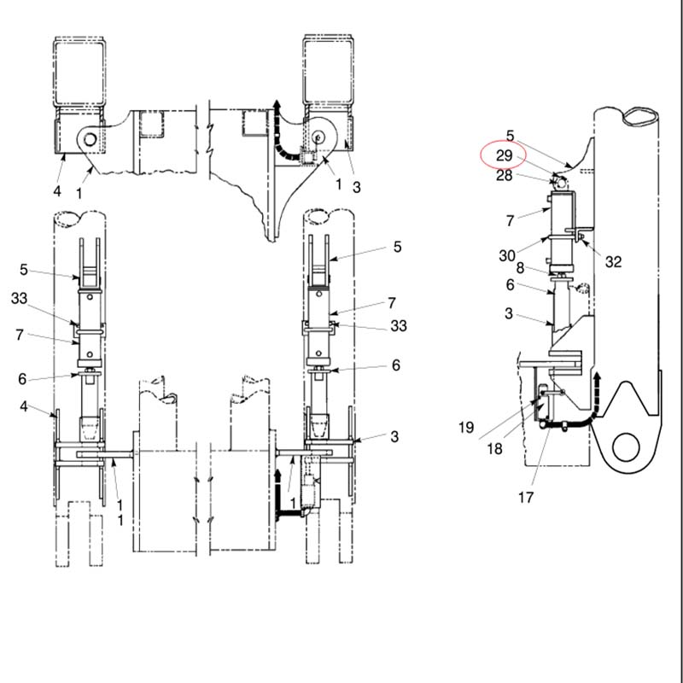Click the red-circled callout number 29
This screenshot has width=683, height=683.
coord(504,155)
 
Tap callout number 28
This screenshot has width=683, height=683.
coord(504,176)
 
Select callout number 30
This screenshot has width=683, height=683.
coord(506,255)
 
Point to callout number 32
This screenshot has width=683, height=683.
coord(613,262)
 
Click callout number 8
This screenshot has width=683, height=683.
coord(520,267)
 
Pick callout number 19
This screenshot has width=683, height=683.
coord(465,428)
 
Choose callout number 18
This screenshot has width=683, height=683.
coord(494,449)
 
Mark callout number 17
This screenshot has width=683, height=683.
coord(526,497)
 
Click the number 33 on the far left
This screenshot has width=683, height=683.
coord(19,298)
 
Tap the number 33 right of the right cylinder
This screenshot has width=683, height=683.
coord(398,326)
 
